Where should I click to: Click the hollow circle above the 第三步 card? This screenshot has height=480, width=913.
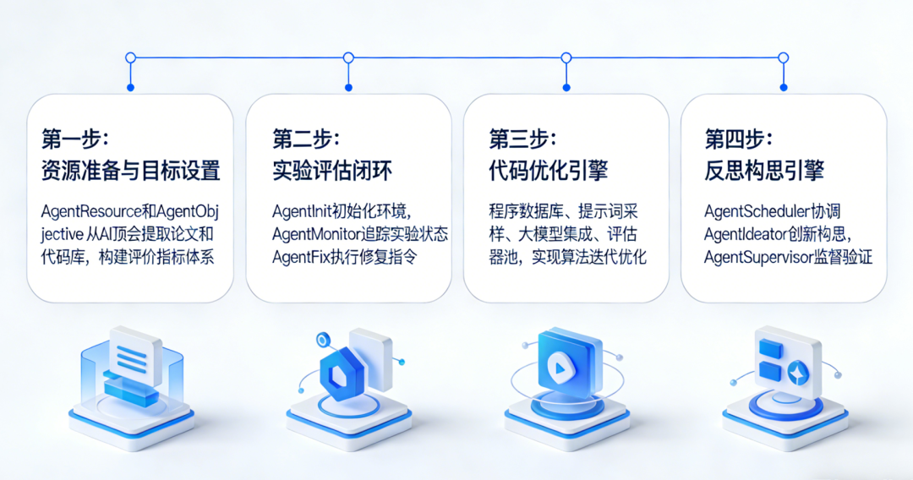click(x=566, y=57)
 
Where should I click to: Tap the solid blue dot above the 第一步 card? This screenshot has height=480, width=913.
click(x=130, y=87)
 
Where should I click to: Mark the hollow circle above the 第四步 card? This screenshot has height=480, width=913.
click(x=783, y=57)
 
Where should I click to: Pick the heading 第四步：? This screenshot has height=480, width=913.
click(x=738, y=138)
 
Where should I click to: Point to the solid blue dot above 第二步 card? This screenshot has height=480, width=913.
click(x=347, y=87)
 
